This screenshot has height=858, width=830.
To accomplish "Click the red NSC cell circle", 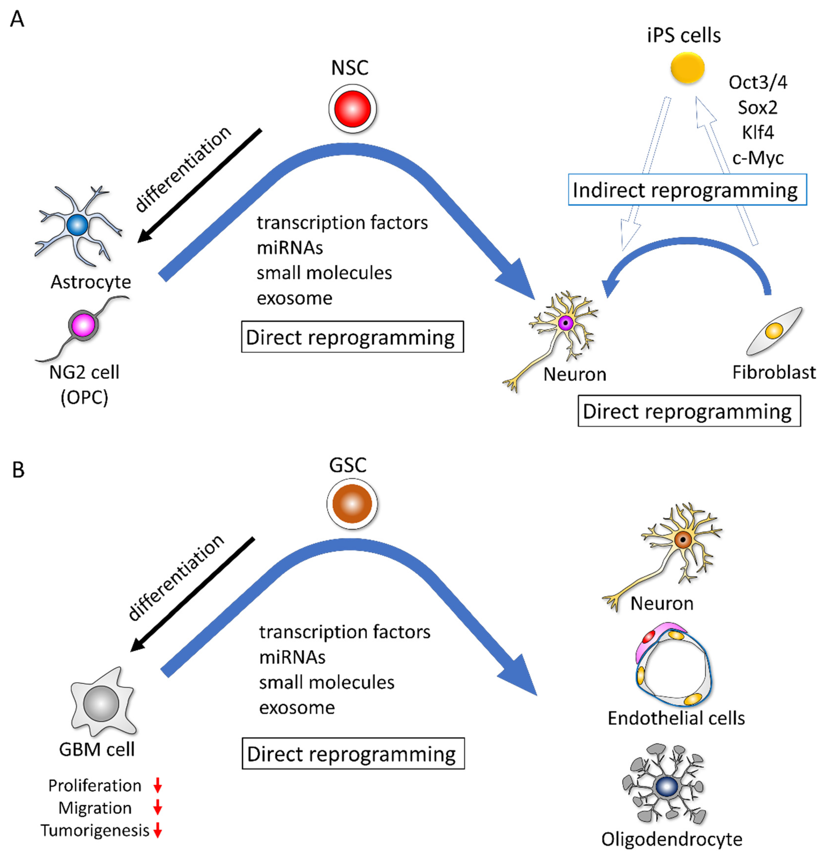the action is [353, 108].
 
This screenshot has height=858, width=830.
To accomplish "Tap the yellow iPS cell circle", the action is [687, 68].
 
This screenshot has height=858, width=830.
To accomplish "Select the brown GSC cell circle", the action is [352, 503].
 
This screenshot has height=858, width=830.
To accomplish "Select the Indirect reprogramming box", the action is [687, 190].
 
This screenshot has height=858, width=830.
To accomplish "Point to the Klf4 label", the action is [758, 132].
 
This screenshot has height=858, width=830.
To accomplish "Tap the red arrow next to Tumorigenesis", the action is [157, 830].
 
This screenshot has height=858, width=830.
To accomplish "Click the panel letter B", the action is [18, 470].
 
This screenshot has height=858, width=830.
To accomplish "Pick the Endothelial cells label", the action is [676, 718].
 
